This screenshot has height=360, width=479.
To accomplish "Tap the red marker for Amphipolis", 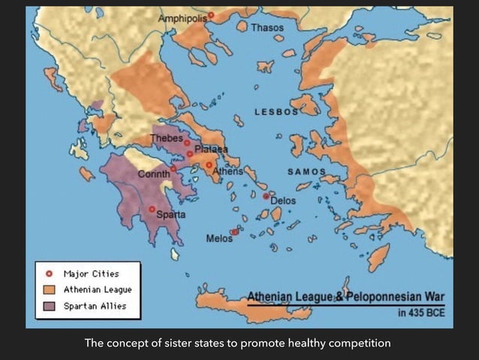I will pos(211,15).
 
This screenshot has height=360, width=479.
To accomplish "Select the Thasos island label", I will pos(267,28).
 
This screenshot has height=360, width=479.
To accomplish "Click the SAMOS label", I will pos(306,171).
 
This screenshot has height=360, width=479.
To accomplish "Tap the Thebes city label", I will pos(166,138).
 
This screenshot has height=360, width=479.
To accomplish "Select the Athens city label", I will pos(228,171).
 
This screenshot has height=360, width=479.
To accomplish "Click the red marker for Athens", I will pos(209,165).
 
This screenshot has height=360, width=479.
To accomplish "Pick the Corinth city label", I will pos(153,174).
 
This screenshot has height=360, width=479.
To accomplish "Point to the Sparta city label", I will pos(170,215).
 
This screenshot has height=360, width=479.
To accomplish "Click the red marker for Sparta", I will pos(152,209).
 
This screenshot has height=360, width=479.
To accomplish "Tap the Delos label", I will pos(283,201).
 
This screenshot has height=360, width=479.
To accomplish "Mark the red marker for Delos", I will pos(266,195).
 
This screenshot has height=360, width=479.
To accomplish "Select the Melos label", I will pos(218,238).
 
